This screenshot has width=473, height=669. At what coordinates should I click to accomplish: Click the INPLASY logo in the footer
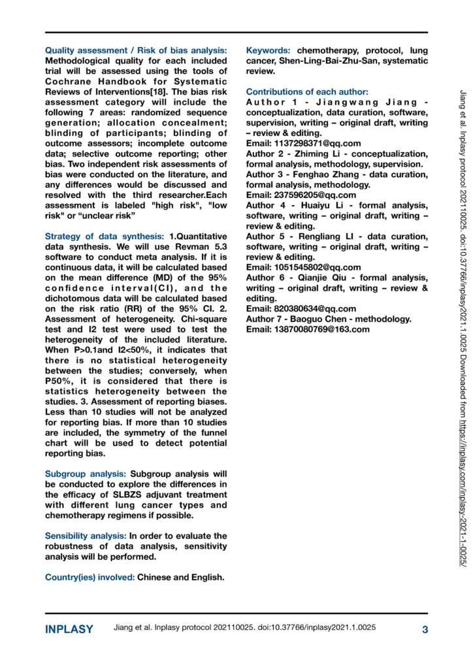[69, 630]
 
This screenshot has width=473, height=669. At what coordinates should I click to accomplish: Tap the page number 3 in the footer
[425, 630]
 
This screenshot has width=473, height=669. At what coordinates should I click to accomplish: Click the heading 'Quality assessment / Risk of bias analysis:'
[136, 50]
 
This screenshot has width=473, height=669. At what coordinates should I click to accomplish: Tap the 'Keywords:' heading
[269, 50]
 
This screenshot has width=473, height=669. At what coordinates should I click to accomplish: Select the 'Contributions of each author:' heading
[306, 91]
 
